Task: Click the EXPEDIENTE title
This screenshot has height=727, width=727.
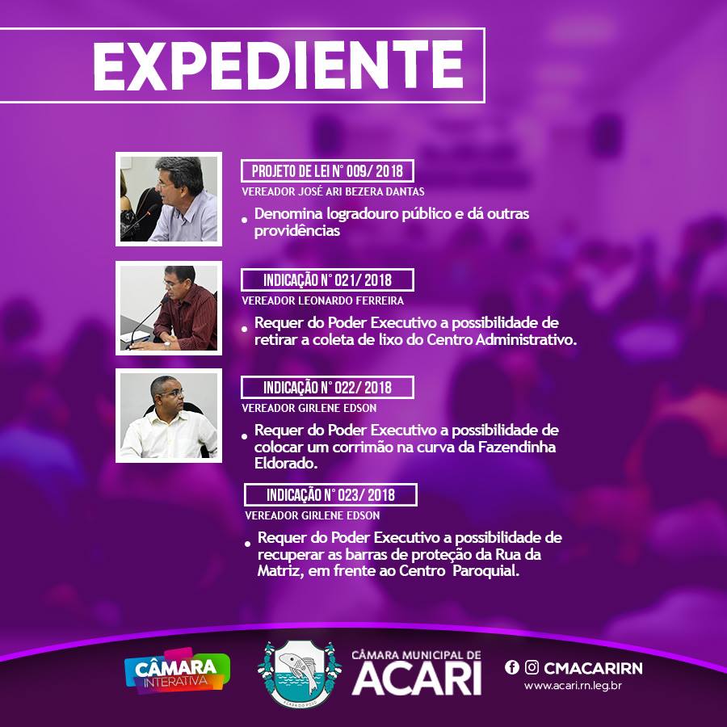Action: click(x=278, y=66)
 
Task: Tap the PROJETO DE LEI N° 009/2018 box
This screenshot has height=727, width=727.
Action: click(x=327, y=171)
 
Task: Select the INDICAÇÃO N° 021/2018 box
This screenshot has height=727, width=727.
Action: click(x=327, y=280)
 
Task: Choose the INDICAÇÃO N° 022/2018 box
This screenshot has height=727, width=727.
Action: click(x=327, y=388)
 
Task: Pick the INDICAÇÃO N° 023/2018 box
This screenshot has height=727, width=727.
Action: click(x=330, y=494)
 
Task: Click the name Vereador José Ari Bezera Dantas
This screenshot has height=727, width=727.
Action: click(x=333, y=191)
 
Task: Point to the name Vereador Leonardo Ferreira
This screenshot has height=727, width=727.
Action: click(x=322, y=300)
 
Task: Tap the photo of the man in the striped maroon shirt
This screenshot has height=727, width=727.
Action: click(x=169, y=308)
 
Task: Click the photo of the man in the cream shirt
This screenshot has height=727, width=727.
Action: click(x=169, y=415)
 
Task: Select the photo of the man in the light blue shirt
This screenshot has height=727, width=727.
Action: click(x=169, y=199)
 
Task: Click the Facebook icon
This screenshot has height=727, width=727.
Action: click(x=512, y=667)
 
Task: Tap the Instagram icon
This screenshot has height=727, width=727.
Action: click(x=532, y=667)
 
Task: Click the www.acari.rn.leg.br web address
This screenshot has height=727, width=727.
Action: click(x=573, y=686)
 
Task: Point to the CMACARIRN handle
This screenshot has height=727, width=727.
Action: click(x=594, y=668)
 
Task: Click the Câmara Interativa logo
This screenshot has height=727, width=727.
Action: click(x=177, y=671)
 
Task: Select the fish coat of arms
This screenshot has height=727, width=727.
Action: click(x=300, y=674)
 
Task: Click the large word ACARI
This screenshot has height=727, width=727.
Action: click(x=417, y=679)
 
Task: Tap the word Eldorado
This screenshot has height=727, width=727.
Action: click(x=286, y=463)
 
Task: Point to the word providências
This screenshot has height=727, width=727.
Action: click(x=297, y=231)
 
